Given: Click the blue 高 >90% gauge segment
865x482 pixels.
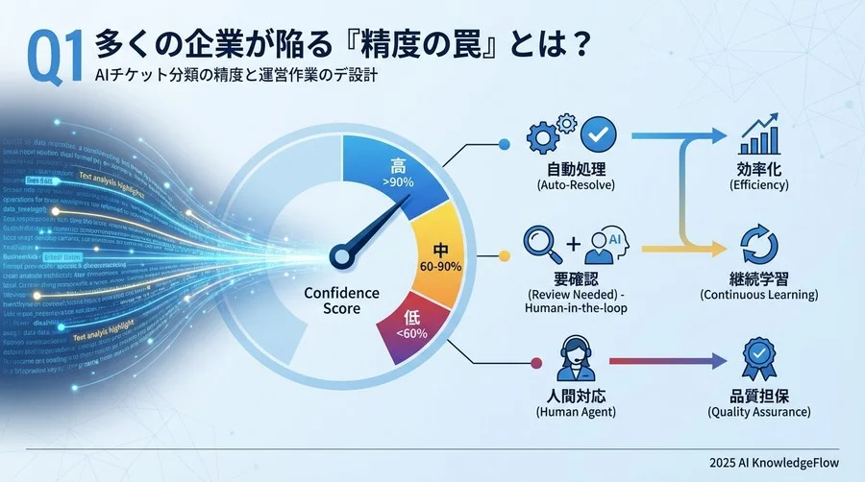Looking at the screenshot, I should pyautogui.click(x=396, y=174).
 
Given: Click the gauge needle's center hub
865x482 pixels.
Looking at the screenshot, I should pyautogui.click(x=341, y=256).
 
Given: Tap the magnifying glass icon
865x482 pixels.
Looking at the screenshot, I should pyautogui.click(x=540, y=243).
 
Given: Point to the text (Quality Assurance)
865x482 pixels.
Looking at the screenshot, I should pyautogui.click(x=758, y=412).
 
